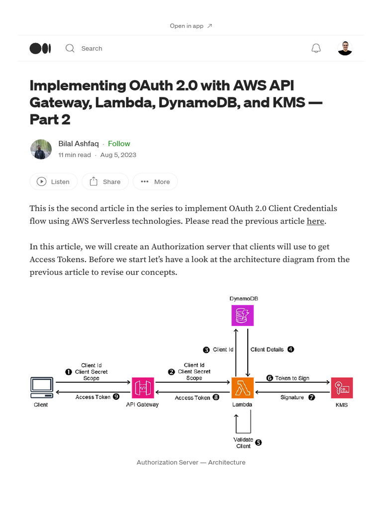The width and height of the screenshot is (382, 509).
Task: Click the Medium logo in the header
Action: [40, 48]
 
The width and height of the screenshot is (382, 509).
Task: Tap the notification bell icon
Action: [316, 48]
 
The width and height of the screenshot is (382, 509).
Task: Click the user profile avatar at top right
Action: [345, 48]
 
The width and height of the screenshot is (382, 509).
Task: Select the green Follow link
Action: [119, 144]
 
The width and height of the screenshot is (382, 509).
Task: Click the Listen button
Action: [53, 182]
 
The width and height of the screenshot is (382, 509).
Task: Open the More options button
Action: [155, 182]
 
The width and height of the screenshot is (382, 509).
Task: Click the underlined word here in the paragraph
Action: [315, 221]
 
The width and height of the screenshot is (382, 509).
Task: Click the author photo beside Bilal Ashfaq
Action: [41, 149]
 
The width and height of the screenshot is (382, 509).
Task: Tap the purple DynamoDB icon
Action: [243, 315]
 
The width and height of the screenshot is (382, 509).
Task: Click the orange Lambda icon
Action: [243, 388]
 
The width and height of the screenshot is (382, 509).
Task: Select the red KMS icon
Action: [342, 388]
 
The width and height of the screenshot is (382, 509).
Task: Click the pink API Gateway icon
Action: [143, 388]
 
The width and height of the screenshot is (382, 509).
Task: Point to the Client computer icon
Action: [41, 387]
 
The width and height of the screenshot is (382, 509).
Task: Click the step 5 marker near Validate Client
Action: [258, 442]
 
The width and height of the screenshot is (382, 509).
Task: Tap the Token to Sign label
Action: [292, 378]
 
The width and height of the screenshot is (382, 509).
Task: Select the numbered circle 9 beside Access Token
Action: [116, 397]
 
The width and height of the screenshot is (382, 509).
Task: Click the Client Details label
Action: [267, 349]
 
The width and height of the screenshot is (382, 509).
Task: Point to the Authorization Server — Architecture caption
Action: [191, 462]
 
